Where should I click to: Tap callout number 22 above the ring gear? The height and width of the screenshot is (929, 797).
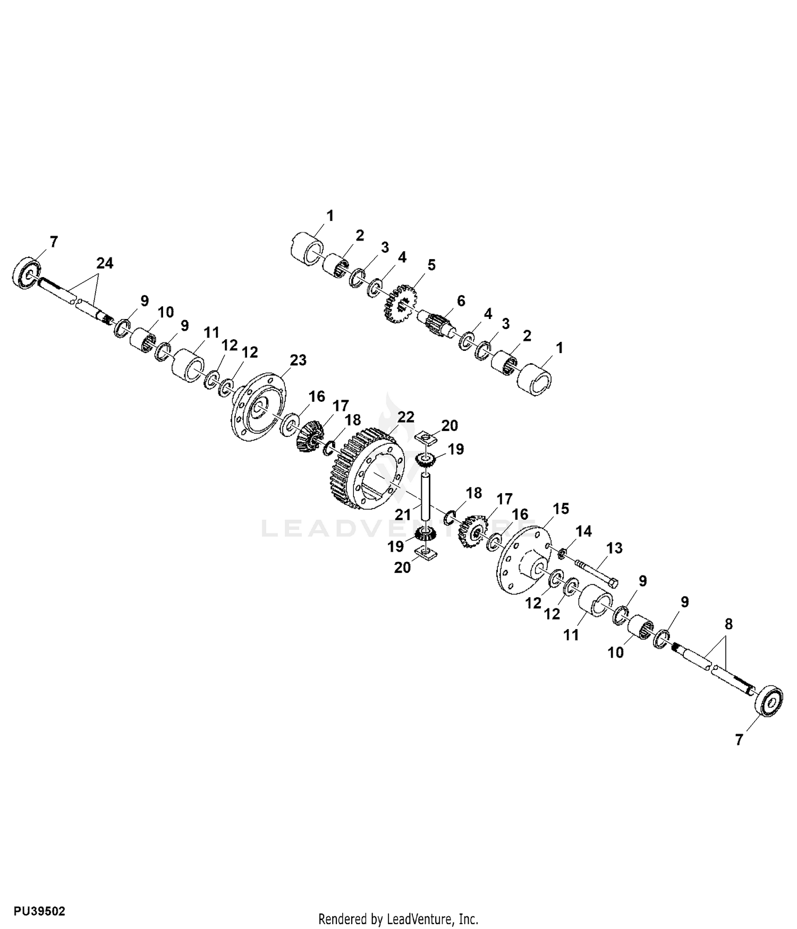click(x=405, y=417)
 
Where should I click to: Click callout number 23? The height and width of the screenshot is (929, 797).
click(x=298, y=360)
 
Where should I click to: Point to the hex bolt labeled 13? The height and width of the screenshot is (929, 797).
click(x=596, y=573)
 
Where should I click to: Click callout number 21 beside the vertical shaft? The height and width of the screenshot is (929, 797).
click(x=403, y=514)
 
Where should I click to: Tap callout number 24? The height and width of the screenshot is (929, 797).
click(x=105, y=263)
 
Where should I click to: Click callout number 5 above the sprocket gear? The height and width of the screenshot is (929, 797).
click(x=431, y=264)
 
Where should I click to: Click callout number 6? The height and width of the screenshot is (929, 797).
click(x=461, y=301)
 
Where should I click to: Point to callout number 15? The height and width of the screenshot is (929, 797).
click(x=560, y=509)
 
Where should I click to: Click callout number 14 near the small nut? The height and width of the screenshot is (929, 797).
click(x=583, y=531)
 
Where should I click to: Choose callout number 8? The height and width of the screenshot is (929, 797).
click(x=728, y=624)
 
